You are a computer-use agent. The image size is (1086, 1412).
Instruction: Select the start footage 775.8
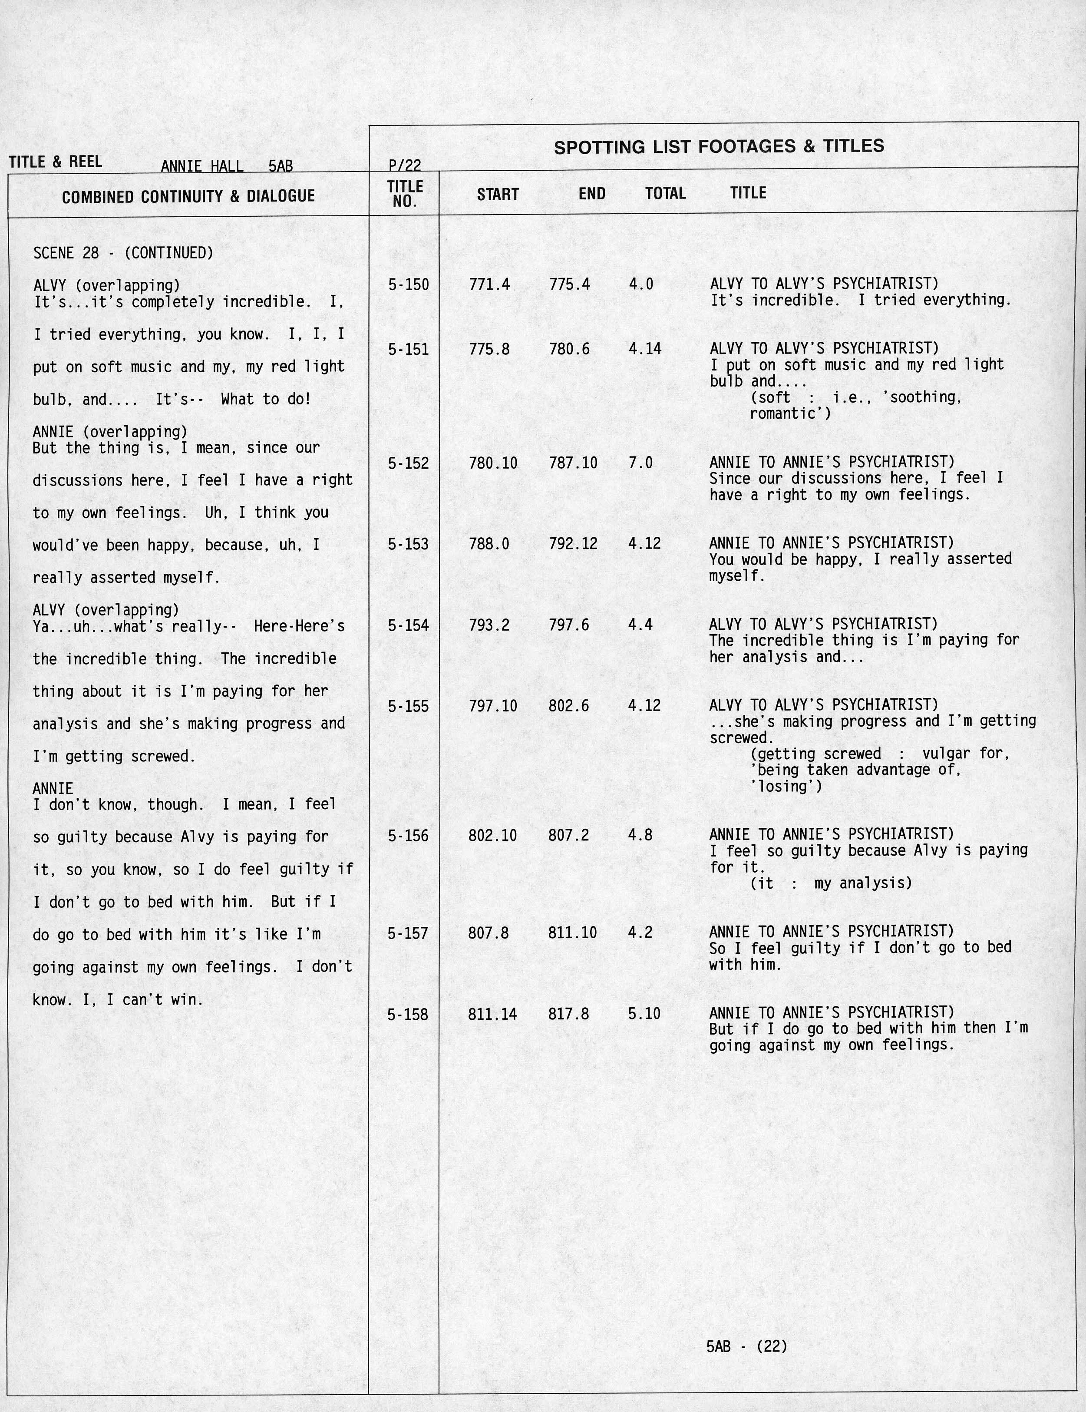[489, 349]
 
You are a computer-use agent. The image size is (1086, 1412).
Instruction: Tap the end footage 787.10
[573, 463]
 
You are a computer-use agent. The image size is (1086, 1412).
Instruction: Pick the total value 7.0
[640, 463]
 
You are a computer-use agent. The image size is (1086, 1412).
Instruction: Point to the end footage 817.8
[568, 1014]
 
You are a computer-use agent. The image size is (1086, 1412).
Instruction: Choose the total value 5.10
[644, 1014]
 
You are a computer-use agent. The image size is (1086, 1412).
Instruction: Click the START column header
[498, 194]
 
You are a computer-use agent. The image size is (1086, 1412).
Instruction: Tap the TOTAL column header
[665, 193]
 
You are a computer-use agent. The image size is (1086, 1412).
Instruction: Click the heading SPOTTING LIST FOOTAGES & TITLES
[719, 147]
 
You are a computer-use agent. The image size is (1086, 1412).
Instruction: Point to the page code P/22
[405, 166]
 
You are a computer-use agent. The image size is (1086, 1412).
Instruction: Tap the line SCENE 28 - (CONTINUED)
[123, 253]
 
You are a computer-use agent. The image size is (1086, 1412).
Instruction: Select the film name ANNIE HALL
[201, 166]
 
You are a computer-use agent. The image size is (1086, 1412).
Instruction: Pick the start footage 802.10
[492, 835]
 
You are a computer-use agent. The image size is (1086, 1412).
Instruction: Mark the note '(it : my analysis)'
[831, 883]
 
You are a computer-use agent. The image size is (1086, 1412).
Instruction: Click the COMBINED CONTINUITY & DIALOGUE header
[188, 196]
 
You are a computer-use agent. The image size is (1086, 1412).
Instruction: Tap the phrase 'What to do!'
[266, 400]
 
